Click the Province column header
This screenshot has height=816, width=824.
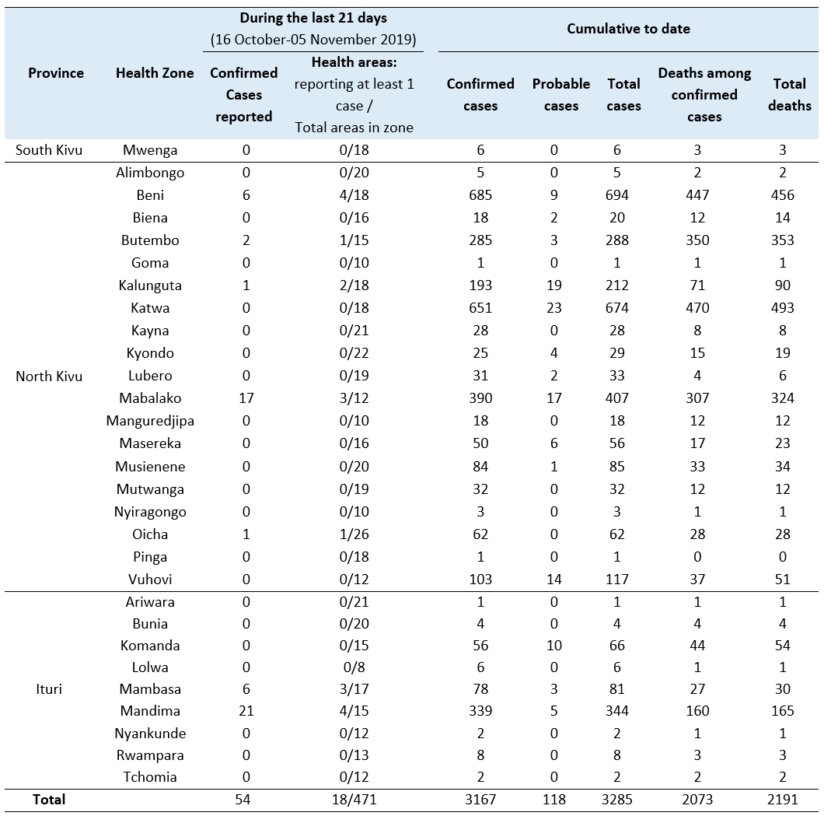point(56,72)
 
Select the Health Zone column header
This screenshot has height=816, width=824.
point(155,72)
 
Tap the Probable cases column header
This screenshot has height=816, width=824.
point(560,95)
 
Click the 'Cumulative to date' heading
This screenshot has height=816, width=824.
point(628,28)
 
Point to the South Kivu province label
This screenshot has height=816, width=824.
point(49,150)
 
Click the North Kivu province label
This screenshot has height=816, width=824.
point(49,376)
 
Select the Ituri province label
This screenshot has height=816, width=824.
point(49,688)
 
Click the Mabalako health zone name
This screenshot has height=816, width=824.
point(150,398)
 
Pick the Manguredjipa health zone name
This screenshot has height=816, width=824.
point(150,421)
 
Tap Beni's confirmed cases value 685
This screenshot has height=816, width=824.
point(480,195)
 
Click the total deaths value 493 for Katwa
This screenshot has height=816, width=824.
point(783,308)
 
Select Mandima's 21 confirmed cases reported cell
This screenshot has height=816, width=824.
point(246,711)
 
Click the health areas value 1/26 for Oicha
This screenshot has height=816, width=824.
point(354,534)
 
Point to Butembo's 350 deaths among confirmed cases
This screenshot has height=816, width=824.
point(697,240)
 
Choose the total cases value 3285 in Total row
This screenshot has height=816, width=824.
point(617,800)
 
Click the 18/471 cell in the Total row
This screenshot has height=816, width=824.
point(354,800)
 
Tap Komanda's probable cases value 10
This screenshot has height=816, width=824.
point(554,646)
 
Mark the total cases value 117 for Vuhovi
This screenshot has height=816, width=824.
point(617,580)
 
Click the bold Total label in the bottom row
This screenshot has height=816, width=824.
point(49,800)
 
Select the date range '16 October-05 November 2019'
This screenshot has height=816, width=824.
point(313,40)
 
